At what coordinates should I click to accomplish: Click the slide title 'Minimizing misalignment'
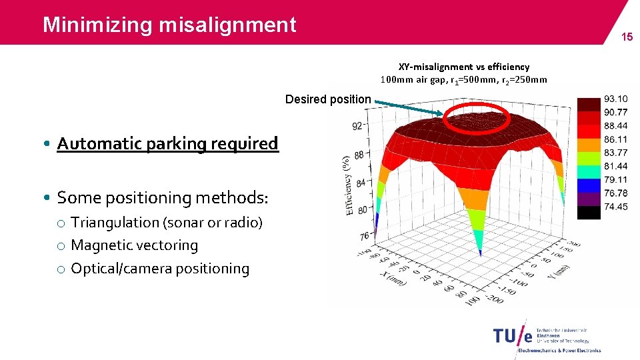pos(169,25)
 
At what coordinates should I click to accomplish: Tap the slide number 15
pos(627,37)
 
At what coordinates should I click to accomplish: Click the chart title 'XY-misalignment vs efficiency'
pos(464,67)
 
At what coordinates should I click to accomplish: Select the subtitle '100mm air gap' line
pos(463,80)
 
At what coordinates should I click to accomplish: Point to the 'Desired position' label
pos(327,99)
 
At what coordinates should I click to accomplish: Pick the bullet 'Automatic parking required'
pos(167,143)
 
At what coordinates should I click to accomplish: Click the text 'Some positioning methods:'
pos(163,198)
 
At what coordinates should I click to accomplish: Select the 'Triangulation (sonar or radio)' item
pos(167,223)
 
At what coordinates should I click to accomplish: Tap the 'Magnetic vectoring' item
pos(134,245)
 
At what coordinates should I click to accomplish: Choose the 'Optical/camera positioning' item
pos(159,269)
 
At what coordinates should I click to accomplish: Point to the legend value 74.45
pos(615,207)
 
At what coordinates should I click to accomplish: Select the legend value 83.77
pos(615,153)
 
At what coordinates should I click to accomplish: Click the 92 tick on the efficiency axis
pos(357,126)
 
